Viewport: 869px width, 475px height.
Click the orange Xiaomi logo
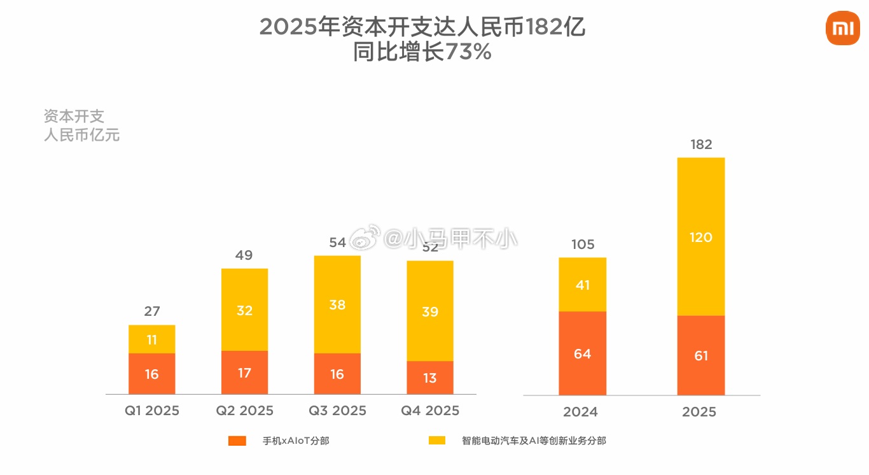842,29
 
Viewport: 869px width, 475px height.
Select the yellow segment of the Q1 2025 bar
151,339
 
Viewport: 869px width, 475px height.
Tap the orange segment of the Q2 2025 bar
244,372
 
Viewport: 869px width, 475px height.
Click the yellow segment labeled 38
337,304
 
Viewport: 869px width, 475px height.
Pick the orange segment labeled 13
430,378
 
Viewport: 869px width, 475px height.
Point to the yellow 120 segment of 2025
701,237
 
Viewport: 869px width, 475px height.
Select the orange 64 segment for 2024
582,353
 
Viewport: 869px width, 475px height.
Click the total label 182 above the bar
701,145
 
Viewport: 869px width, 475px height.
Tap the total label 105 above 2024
582,245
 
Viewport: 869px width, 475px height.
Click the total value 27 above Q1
151,311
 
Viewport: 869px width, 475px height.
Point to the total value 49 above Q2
244,255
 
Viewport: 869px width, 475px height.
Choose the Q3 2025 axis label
337,411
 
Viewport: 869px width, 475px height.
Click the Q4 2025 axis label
430,411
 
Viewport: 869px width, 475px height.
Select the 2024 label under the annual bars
580,412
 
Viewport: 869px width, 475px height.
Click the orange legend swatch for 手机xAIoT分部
237,441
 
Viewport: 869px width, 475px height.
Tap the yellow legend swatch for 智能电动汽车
437,441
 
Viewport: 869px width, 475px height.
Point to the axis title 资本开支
74,117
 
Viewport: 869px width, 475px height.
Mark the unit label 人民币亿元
81,135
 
